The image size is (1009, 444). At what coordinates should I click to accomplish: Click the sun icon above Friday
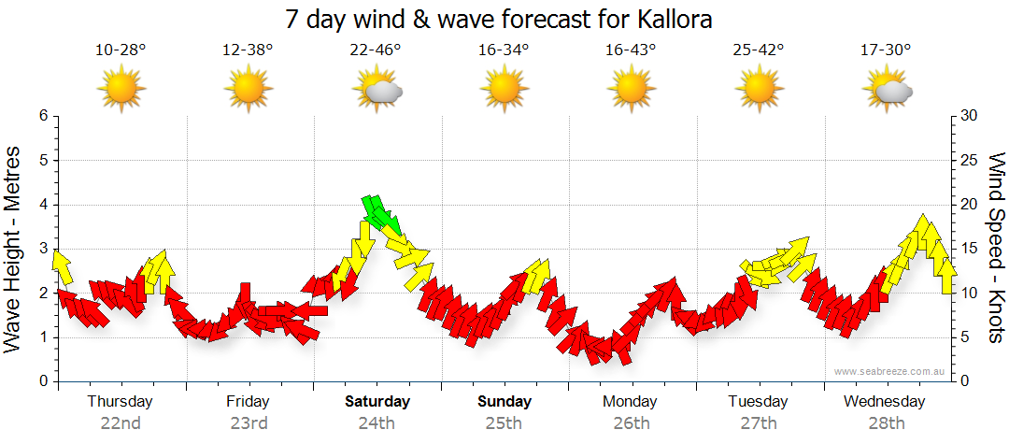tap(249, 90)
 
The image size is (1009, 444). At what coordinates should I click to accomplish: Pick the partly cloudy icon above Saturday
tap(377, 90)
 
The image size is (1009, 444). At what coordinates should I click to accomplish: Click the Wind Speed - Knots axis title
tap(995, 248)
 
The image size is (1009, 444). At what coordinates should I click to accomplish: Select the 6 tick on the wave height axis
tap(43, 116)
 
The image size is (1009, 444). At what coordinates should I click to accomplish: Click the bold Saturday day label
tap(377, 402)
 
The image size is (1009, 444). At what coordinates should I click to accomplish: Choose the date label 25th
tap(504, 423)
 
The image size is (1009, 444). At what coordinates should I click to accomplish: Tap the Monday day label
tap(630, 402)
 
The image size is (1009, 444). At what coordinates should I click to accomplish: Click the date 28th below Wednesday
tap(885, 423)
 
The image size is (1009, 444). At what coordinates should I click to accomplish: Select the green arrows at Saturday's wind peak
tap(379, 215)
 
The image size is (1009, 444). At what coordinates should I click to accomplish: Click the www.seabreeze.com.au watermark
tap(890, 372)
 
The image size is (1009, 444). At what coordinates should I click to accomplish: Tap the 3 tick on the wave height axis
tap(43, 250)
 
